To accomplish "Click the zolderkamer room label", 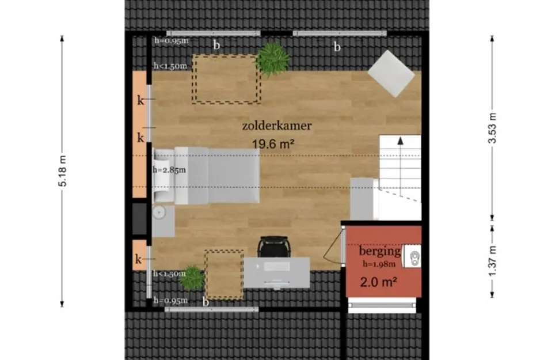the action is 277,126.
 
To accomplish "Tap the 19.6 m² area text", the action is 273,144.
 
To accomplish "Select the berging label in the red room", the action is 380,251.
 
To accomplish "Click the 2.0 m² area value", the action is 378,282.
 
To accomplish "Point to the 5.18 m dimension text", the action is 62,171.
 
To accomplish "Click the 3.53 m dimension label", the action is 492,128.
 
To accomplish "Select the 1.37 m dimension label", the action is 492,261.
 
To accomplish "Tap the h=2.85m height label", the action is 169,170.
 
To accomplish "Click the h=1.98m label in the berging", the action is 379,264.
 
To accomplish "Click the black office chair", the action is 274,247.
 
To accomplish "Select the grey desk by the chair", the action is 276,272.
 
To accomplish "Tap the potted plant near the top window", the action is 273,59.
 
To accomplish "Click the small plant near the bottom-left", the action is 191,278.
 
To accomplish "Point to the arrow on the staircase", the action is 400,169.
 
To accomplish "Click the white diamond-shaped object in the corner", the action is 391,74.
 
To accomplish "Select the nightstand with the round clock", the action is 163,221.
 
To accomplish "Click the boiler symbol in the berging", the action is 413,256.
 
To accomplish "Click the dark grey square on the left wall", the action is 139,219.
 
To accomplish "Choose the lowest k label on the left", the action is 138,259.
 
